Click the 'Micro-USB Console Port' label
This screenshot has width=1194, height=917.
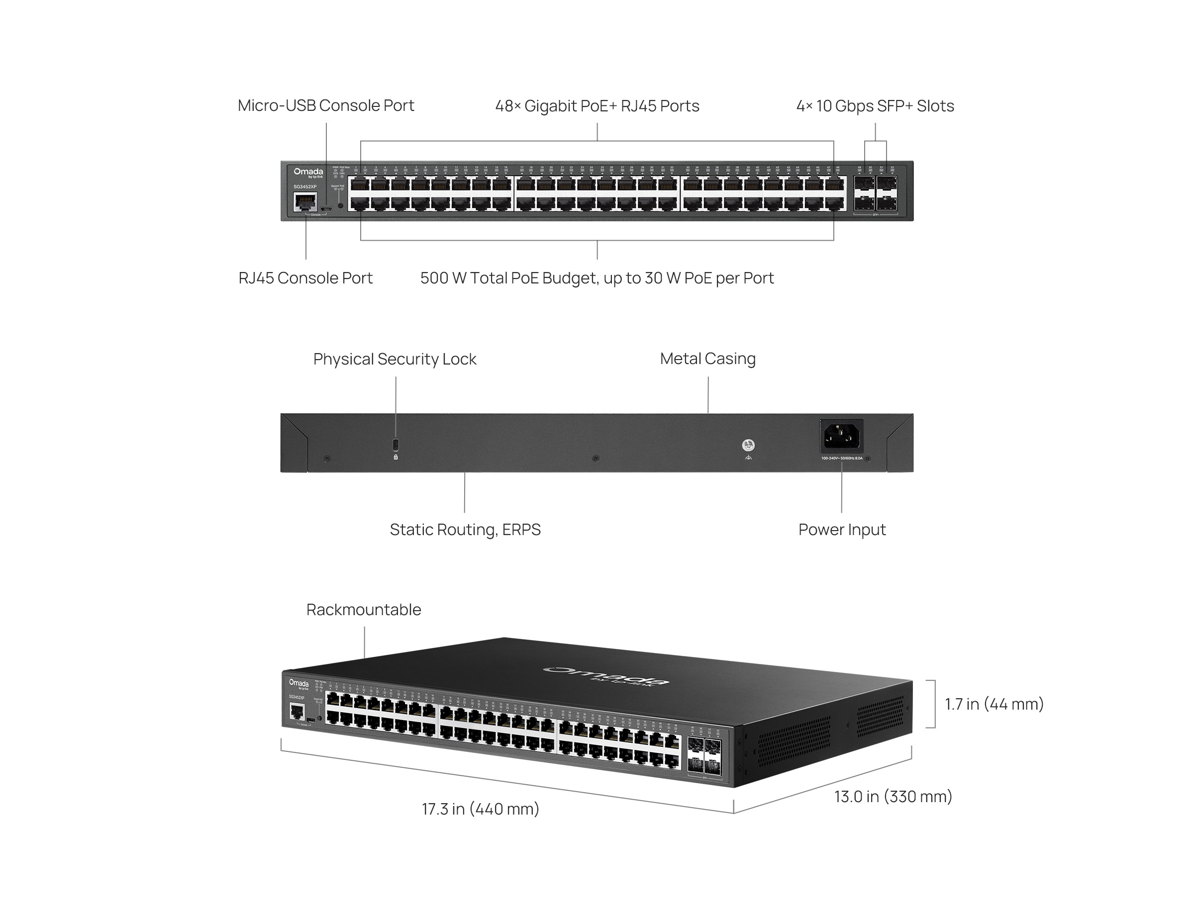pos(325,105)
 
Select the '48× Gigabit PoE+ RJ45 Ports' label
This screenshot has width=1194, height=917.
pos(597,106)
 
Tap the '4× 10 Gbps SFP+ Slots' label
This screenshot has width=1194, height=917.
pos(875,106)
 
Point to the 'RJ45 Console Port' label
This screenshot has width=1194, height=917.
pos(305,278)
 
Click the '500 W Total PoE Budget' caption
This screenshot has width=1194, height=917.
pos(597,278)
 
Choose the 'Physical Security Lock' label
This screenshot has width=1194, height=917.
pos(394,359)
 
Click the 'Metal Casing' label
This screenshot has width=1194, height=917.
pos(707,358)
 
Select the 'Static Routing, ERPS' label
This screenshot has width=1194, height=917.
pos(465,529)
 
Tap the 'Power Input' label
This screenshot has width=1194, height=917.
pos(841,529)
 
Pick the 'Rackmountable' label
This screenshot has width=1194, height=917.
pos(364,609)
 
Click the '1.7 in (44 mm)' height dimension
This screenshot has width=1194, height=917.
pos(994,704)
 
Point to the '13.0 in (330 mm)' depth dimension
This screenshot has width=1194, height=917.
pos(893,796)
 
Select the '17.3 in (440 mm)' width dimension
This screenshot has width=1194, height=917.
pos(480,809)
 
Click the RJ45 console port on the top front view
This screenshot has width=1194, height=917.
pos(304,201)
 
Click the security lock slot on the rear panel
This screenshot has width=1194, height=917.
pos(396,443)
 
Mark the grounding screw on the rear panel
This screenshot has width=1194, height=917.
pos(748,445)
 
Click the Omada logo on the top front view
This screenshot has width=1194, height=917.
pos(308,173)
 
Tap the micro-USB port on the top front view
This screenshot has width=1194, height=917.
pos(326,208)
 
